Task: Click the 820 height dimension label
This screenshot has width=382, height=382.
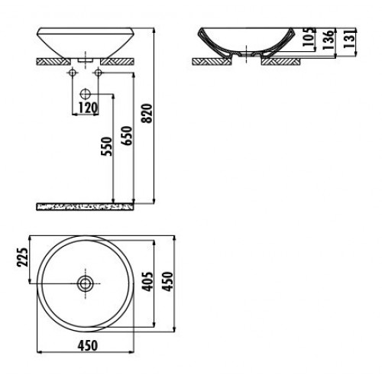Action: click(x=147, y=113)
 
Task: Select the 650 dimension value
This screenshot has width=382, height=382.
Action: click(x=127, y=136)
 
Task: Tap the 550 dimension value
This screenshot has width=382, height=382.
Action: click(x=107, y=147)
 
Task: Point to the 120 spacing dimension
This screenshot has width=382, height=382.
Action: click(x=88, y=108)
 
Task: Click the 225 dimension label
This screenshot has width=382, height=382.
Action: click(x=22, y=257)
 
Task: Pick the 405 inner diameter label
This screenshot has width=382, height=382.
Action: click(x=147, y=281)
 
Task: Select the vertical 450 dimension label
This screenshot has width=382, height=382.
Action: click(x=168, y=281)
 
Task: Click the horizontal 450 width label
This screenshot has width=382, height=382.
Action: click(x=88, y=346)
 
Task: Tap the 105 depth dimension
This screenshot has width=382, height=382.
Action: click(x=309, y=37)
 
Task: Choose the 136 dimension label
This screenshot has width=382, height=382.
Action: click(x=329, y=40)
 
